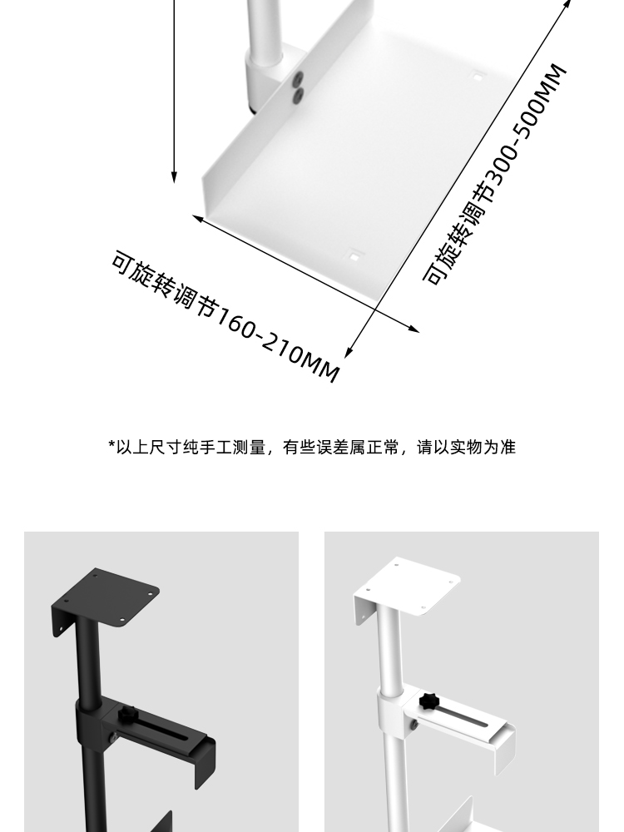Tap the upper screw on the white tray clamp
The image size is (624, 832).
point(297,81)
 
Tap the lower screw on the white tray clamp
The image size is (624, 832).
point(297,96)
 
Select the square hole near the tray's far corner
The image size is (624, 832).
point(478,77)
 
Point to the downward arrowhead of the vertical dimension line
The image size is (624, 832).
point(174,177)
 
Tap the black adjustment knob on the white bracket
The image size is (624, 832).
point(429,699)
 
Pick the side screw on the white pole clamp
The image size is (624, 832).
point(413,726)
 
